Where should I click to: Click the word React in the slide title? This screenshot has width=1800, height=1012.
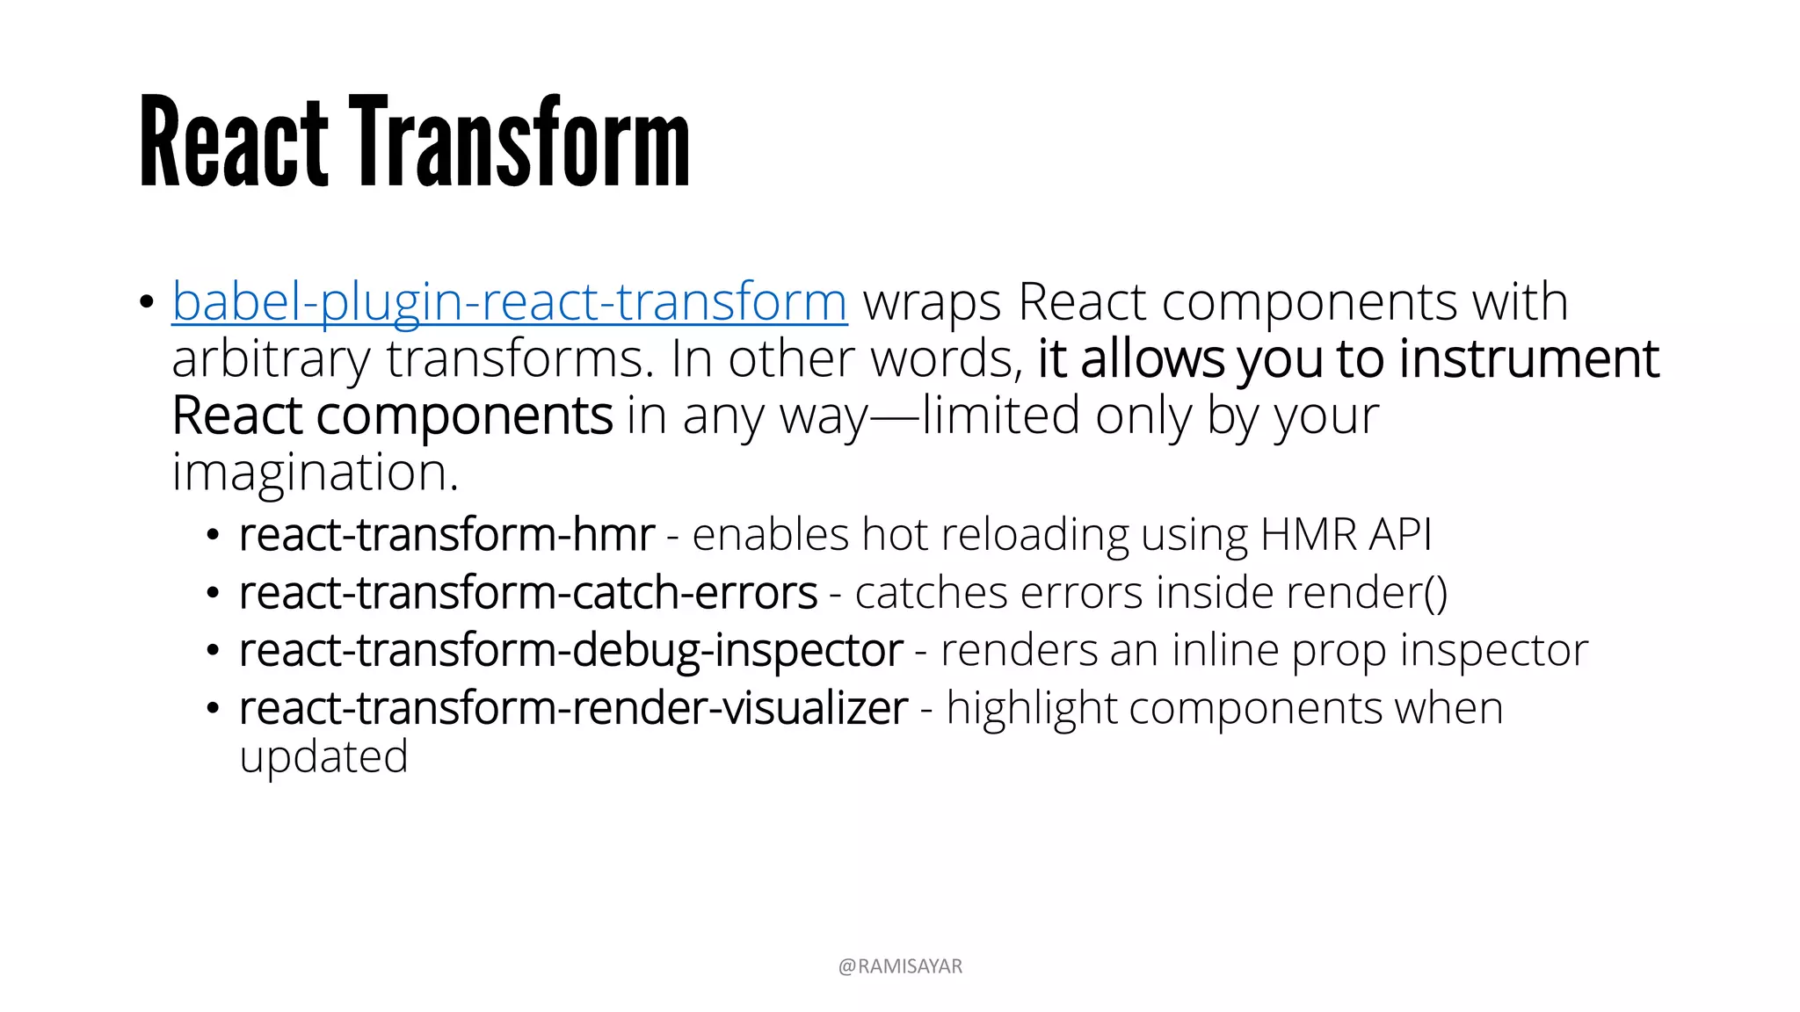tap(234, 142)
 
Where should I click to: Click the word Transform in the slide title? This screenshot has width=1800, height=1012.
tap(519, 142)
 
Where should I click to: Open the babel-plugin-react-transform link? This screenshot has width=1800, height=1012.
tap(510, 302)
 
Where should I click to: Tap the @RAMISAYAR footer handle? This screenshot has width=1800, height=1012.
tap(900, 966)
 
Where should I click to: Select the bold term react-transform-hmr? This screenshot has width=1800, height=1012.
tap(446, 535)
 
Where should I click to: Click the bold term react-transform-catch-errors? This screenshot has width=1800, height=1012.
tap(528, 593)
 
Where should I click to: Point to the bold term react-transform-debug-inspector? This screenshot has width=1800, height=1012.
tap(570, 651)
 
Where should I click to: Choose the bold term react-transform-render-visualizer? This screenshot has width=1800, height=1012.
tap(573, 709)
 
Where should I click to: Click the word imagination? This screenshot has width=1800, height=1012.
tap(315, 473)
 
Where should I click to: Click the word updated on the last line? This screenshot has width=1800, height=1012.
tap(323, 757)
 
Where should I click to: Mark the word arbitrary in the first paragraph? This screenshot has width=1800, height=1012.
tap(271, 361)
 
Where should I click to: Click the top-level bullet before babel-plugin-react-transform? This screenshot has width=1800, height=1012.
tap(146, 303)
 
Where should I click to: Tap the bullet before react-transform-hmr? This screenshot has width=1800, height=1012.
tap(213, 536)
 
